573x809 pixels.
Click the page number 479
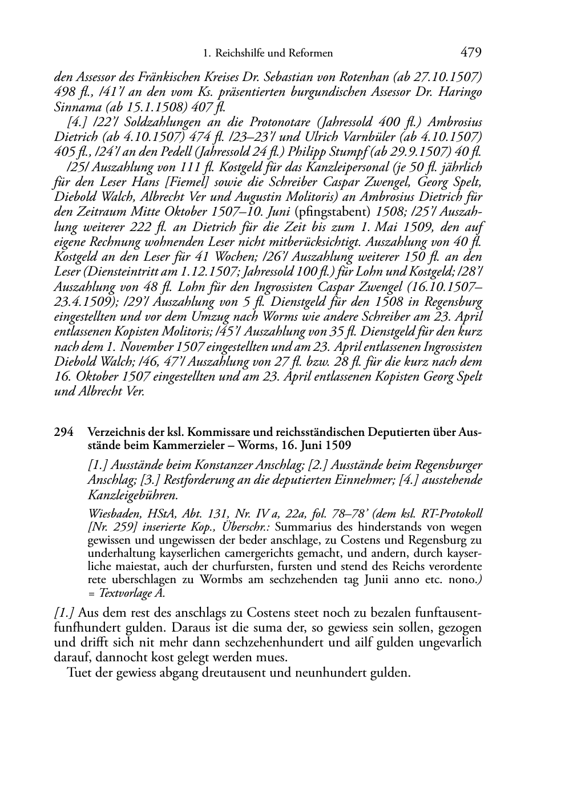pos(471,53)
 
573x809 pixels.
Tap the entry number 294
pos(63,433)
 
